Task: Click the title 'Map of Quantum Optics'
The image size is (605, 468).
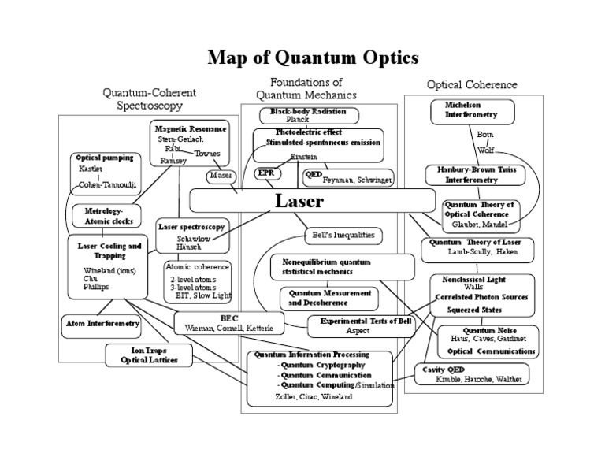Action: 313,58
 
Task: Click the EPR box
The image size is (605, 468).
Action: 265,173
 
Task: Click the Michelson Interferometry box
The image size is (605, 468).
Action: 464,110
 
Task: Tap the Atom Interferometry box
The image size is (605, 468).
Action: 102,324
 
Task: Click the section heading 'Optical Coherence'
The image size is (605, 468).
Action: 472,84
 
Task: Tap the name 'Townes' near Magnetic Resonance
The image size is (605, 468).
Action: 206,154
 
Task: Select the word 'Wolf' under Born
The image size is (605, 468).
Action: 485,150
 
